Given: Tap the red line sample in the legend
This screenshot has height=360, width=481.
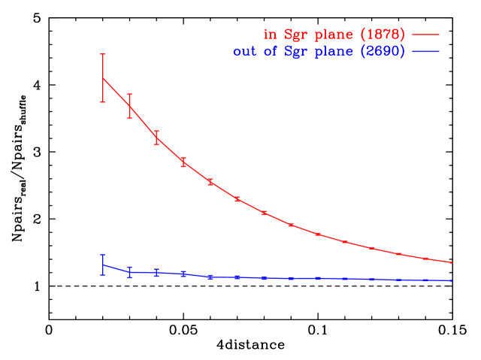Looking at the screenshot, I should point(425,35).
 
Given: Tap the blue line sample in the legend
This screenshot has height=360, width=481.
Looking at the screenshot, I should point(425,51).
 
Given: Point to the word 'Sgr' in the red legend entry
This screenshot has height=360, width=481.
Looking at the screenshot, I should point(295,35).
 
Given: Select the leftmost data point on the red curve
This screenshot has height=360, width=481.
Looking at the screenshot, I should point(103,78).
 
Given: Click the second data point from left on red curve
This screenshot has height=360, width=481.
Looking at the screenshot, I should point(129,106).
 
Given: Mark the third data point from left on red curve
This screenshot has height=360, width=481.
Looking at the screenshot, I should point(156,137).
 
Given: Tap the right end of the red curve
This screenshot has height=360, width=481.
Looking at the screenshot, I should point(452,262).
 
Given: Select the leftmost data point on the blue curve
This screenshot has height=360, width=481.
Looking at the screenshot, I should point(103,265).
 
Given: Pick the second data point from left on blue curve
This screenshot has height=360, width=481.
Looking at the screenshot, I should point(129,271).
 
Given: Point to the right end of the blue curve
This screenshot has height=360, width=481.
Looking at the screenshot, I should point(452,280).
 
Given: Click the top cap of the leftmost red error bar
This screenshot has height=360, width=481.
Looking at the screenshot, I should point(103,54).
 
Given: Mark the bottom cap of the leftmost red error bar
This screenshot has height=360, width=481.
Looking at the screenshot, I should point(103,102).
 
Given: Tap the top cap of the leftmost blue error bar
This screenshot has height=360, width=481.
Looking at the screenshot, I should point(103,255).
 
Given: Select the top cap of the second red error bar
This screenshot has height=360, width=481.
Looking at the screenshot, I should point(129,94).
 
